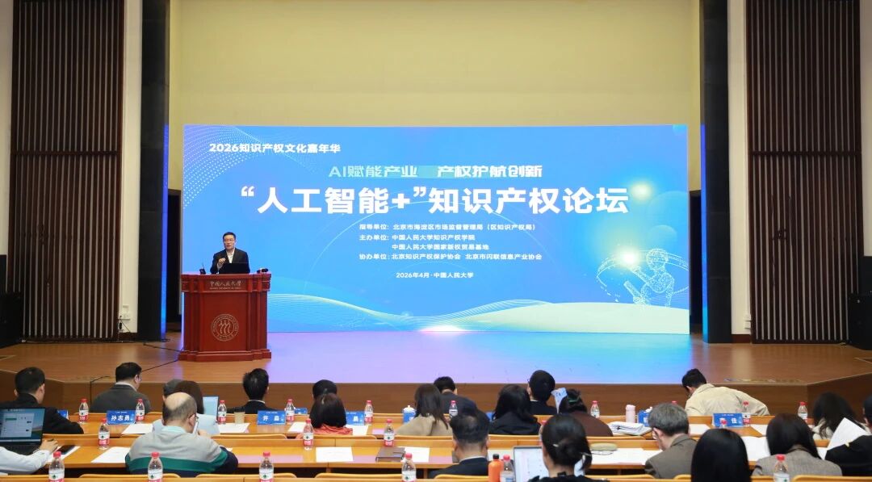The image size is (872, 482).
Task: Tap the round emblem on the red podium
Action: (x=224, y=326)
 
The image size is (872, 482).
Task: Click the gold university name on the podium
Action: (x=225, y=284)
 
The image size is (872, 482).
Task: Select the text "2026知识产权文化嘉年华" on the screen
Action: (x=262, y=148)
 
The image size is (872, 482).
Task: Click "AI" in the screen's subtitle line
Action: (x=337, y=171)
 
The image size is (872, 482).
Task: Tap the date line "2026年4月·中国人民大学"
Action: (x=434, y=275)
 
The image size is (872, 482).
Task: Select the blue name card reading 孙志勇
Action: (x=120, y=417)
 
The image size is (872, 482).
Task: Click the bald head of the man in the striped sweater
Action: (x=178, y=409)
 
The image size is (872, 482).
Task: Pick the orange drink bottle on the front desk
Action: (x=495, y=467)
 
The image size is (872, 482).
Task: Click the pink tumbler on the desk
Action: (x=630, y=413)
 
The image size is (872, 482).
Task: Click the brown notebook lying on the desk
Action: (x=391, y=454)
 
